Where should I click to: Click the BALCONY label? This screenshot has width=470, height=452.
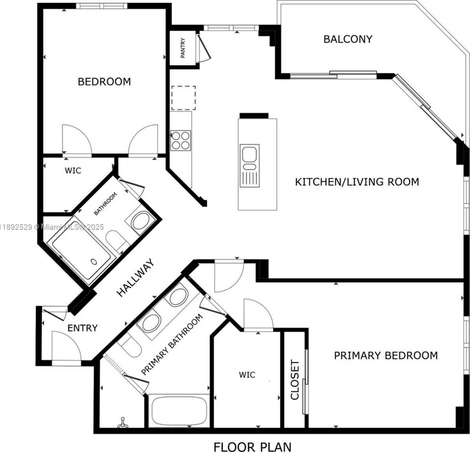click(x=348, y=39)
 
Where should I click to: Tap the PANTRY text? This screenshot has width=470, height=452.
click(x=183, y=48)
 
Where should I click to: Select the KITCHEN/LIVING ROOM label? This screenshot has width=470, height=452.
click(x=357, y=182)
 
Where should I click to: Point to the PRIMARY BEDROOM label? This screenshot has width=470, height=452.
click(x=386, y=355)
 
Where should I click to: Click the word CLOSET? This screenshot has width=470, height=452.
click(x=295, y=380)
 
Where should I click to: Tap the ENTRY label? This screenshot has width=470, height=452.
click(x=82, y=328)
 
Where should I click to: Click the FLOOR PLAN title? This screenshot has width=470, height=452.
click(x=252, y=447)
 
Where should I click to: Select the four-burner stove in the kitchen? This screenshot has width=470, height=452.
click(x=181, y=140)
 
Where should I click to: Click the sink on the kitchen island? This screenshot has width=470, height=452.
click(x=249, y=165)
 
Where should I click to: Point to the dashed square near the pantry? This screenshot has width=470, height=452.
click(x=183, y=98)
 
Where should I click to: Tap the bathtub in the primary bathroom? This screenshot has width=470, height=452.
click(x=179, y=411)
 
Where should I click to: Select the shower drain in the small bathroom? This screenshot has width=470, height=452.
click(x=94, y=262)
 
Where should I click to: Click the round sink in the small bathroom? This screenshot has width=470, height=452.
click(x=142, y=221)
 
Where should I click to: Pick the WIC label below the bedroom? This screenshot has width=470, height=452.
click(x=73, y=170)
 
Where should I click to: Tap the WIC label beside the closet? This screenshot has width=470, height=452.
click(x=247, y=374)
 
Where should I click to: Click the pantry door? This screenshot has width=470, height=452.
click(x=204, y=48)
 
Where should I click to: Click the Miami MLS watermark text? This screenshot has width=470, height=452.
click(x=52, y=227)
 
